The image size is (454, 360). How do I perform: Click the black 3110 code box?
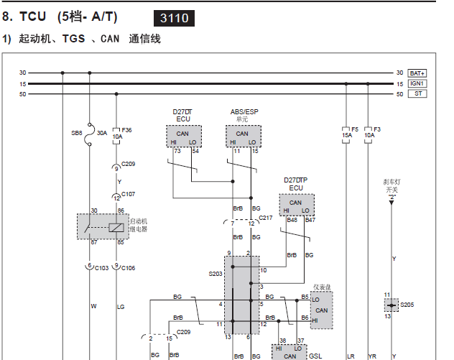click(174, 18)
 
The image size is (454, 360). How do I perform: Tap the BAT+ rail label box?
click(417, 73)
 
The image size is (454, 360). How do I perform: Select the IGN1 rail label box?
click(417, 83)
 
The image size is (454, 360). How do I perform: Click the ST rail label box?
click(417, 93)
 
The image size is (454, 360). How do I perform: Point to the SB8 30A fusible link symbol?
click(90, 134)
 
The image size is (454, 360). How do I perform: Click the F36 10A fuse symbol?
click(116, 136)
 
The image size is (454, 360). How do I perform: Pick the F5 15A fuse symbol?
click(346, 135)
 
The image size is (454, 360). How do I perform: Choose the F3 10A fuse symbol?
click(368, 135)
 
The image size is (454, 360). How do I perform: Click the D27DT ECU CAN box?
click(184, 136)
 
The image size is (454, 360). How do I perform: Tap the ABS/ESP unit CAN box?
click(244, 136)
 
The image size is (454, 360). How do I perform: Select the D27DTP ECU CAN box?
click(297, 205)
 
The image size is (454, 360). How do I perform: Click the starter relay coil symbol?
click(116, 228)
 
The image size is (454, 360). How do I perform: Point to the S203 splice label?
click(215, 274)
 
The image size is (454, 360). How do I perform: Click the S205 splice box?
click(392, 305)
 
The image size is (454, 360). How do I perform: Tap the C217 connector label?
click(266, 218)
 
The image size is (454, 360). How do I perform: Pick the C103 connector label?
click(101, 268)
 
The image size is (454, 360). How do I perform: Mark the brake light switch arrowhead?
click(392, 203)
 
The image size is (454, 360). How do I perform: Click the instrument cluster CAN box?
click(322, 310)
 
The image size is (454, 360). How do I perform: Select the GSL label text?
click(315, 356)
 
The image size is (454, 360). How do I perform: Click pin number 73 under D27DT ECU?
click(177, 151)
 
